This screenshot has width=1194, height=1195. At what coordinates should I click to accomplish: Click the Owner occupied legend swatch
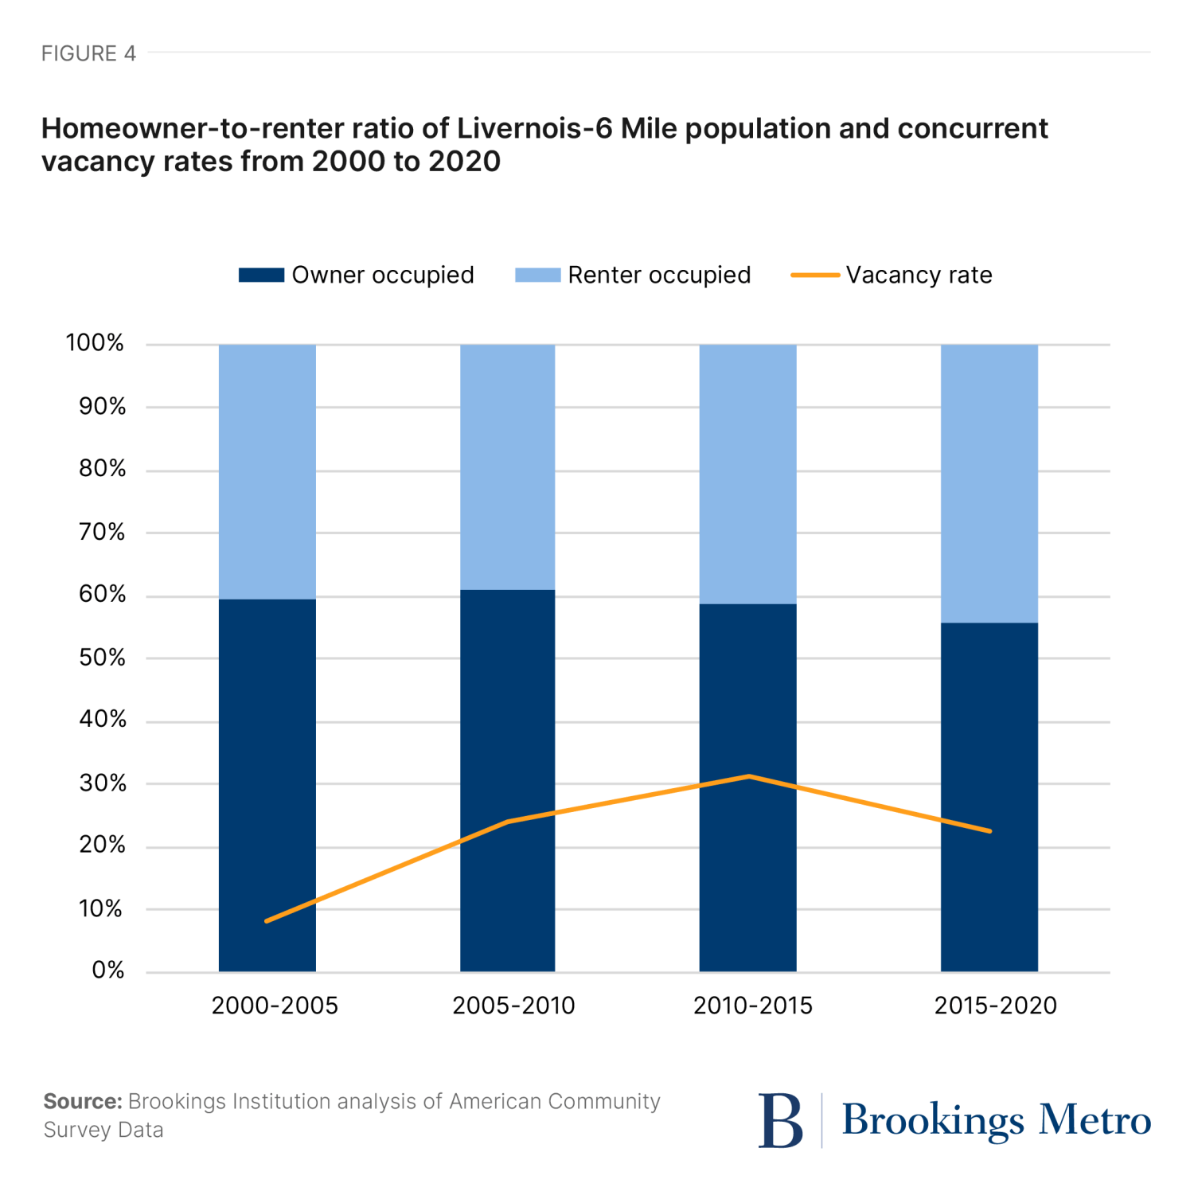point(261,275)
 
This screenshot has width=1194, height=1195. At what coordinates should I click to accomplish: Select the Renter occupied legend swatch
point(537,275)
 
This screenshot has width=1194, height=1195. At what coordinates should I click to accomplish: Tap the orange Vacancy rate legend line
point(814,275)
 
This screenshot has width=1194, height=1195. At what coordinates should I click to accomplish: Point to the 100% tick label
point(95,343)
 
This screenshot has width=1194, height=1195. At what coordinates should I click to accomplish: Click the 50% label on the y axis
point(102,658)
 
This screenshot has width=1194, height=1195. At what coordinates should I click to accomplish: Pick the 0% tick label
point(107,970)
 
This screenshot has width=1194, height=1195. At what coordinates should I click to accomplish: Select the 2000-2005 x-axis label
point(275,1006)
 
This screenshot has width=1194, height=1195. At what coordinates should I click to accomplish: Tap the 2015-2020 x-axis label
point(995,1006)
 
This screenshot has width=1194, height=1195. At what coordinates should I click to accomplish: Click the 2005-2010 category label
point(513,1006)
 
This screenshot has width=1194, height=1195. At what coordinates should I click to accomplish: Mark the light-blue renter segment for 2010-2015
point(747,474)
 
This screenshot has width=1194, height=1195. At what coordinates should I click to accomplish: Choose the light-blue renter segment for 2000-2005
point(267,471)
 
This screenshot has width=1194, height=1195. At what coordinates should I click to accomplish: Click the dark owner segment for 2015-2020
point(989,796)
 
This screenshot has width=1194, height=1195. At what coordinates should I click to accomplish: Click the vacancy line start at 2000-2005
point(267,921)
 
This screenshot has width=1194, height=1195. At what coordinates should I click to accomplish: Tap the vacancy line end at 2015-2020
point(989,831)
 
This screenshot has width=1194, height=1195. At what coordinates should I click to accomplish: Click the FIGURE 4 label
point(88,53)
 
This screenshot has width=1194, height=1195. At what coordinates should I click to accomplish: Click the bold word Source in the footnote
point(82,1101)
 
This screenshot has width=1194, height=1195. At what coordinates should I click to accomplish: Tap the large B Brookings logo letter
point(780,1120)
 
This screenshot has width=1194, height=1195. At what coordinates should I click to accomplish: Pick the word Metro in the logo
point(1094,1120)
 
